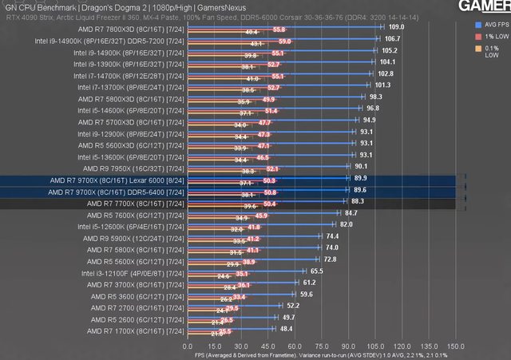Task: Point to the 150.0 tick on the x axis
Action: click(x=457, y=347)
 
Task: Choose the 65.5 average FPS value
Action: click(x=317, y=271)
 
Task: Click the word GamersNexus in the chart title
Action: click(x=173, y=7)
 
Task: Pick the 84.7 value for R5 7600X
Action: click(x=351, y=214)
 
